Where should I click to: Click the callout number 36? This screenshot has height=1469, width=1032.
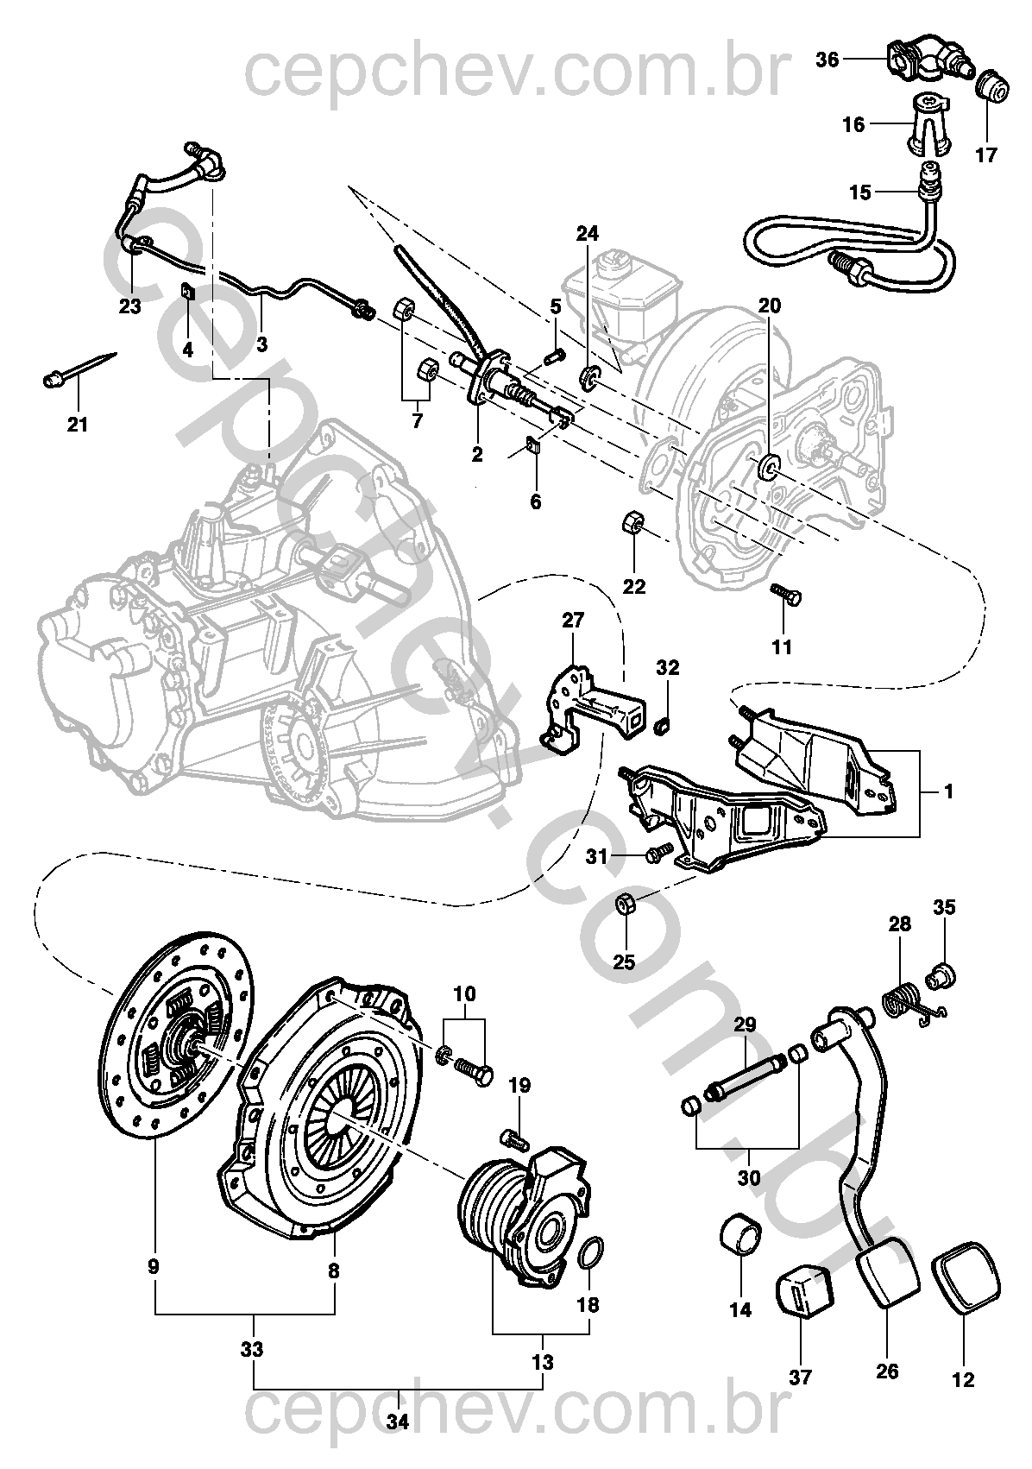click(x=827, y=60)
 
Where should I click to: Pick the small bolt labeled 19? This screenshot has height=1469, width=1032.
click(x=514, y=1138)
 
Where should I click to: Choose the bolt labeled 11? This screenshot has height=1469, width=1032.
click(x=785, y=595)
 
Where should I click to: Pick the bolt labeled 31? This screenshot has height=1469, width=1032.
click(x=656, y=854)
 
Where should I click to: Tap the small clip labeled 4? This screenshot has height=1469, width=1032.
click(x=188, y=293)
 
